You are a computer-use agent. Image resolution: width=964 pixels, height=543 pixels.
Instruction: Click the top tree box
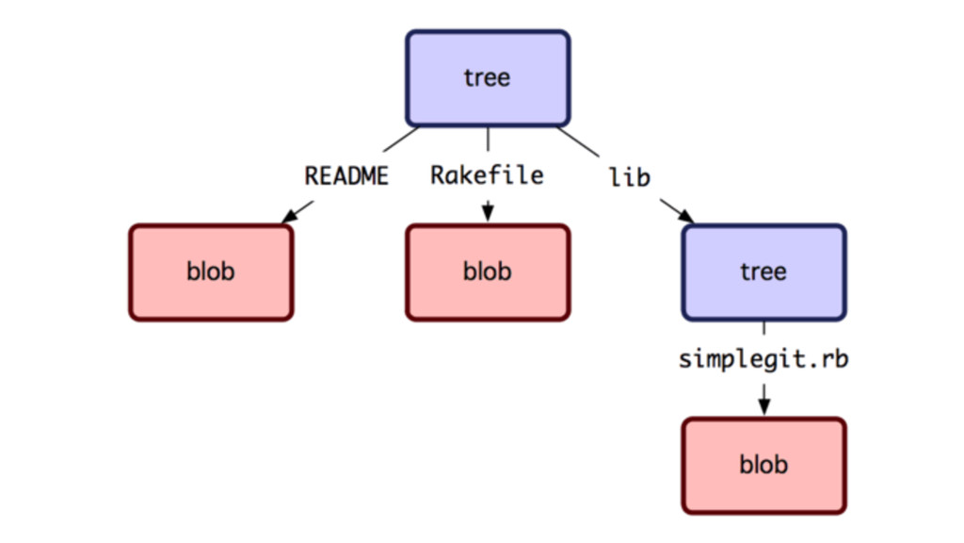[488, 78]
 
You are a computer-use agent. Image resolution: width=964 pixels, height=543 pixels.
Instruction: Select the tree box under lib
[763, 272]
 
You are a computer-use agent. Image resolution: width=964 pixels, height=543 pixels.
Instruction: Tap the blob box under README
[211, 272]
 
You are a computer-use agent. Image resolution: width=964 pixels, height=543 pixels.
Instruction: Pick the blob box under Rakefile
[488, 272]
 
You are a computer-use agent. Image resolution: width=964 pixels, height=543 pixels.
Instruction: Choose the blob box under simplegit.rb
[763, 466]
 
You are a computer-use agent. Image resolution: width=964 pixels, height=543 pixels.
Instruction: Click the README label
[346, 176]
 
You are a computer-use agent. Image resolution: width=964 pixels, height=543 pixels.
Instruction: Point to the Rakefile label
[487, 175]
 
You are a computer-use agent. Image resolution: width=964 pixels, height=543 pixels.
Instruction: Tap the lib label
[630, 177]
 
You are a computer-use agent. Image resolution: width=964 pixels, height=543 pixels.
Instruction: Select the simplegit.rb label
[763, 358]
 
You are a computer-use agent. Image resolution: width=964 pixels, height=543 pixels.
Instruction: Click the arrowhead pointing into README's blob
[288, 216]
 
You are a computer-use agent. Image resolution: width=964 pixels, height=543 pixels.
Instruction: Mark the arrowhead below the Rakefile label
[488, 212]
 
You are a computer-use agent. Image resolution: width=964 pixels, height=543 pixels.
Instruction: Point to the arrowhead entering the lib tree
[686, 216]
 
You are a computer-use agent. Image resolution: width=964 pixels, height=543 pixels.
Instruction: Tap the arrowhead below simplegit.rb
[763, 406]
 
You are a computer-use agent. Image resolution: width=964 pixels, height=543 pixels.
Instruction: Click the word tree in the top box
[487, 78]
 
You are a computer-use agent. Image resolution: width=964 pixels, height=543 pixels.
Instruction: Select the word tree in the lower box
[763, 271]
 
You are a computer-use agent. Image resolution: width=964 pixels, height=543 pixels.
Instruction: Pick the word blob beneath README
[211, 271]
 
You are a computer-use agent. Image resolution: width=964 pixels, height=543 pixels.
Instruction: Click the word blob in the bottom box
[763, 464]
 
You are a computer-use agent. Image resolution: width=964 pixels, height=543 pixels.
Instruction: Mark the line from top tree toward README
[401, 140]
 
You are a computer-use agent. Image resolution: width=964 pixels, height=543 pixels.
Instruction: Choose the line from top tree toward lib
[578, 141]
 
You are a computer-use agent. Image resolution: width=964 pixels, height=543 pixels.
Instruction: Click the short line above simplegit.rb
[763, 328]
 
